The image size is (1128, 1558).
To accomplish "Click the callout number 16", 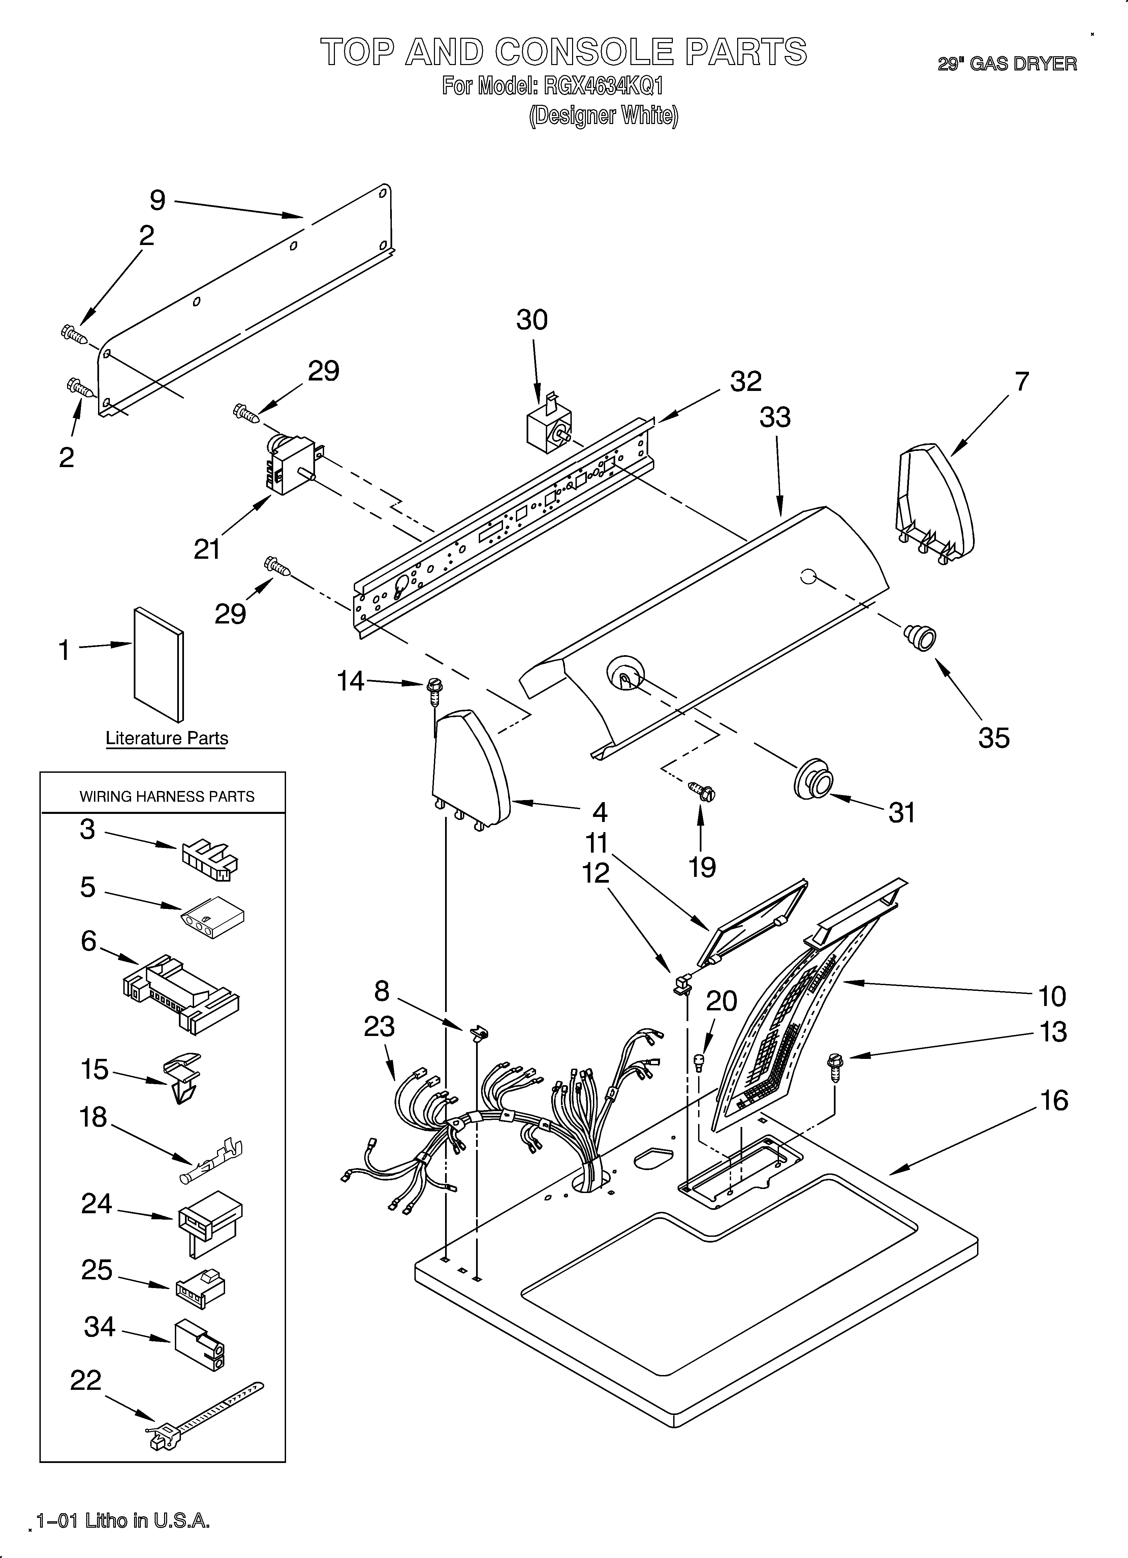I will point(1054,1100).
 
